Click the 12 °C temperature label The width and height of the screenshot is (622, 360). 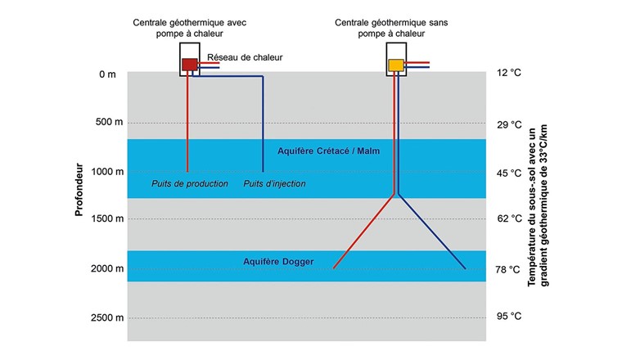coord(508,74)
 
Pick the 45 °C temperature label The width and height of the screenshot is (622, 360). coord(508,173)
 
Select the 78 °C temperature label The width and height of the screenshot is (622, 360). coord(508,269)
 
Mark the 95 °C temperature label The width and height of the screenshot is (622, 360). coord(508,317)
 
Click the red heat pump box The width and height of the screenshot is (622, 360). coord(189,64)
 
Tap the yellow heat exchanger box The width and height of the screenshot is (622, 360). coord(395,65)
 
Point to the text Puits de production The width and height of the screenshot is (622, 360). coord(190,184)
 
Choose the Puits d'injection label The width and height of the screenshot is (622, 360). coord(275,184)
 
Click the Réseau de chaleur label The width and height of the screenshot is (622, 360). coord(245,57)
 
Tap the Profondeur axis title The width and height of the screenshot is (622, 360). coord(79,191)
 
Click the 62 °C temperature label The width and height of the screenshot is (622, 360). coord(508,219)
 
